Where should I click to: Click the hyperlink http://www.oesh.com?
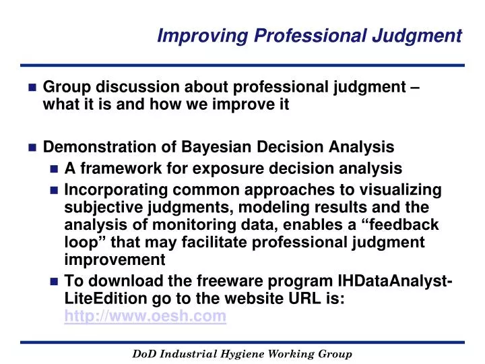(145, 317)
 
